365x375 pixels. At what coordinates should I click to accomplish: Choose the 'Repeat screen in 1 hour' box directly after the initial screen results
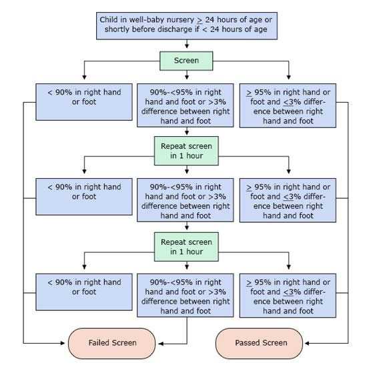coord(186,149)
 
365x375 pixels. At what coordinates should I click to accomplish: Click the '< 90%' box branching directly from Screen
coord(83,101)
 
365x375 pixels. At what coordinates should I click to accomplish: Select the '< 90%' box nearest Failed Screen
coord(83,292)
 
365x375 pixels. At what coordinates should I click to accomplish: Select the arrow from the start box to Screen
coord(186,45)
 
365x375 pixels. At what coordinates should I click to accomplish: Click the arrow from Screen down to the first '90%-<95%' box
coord(186,75)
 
